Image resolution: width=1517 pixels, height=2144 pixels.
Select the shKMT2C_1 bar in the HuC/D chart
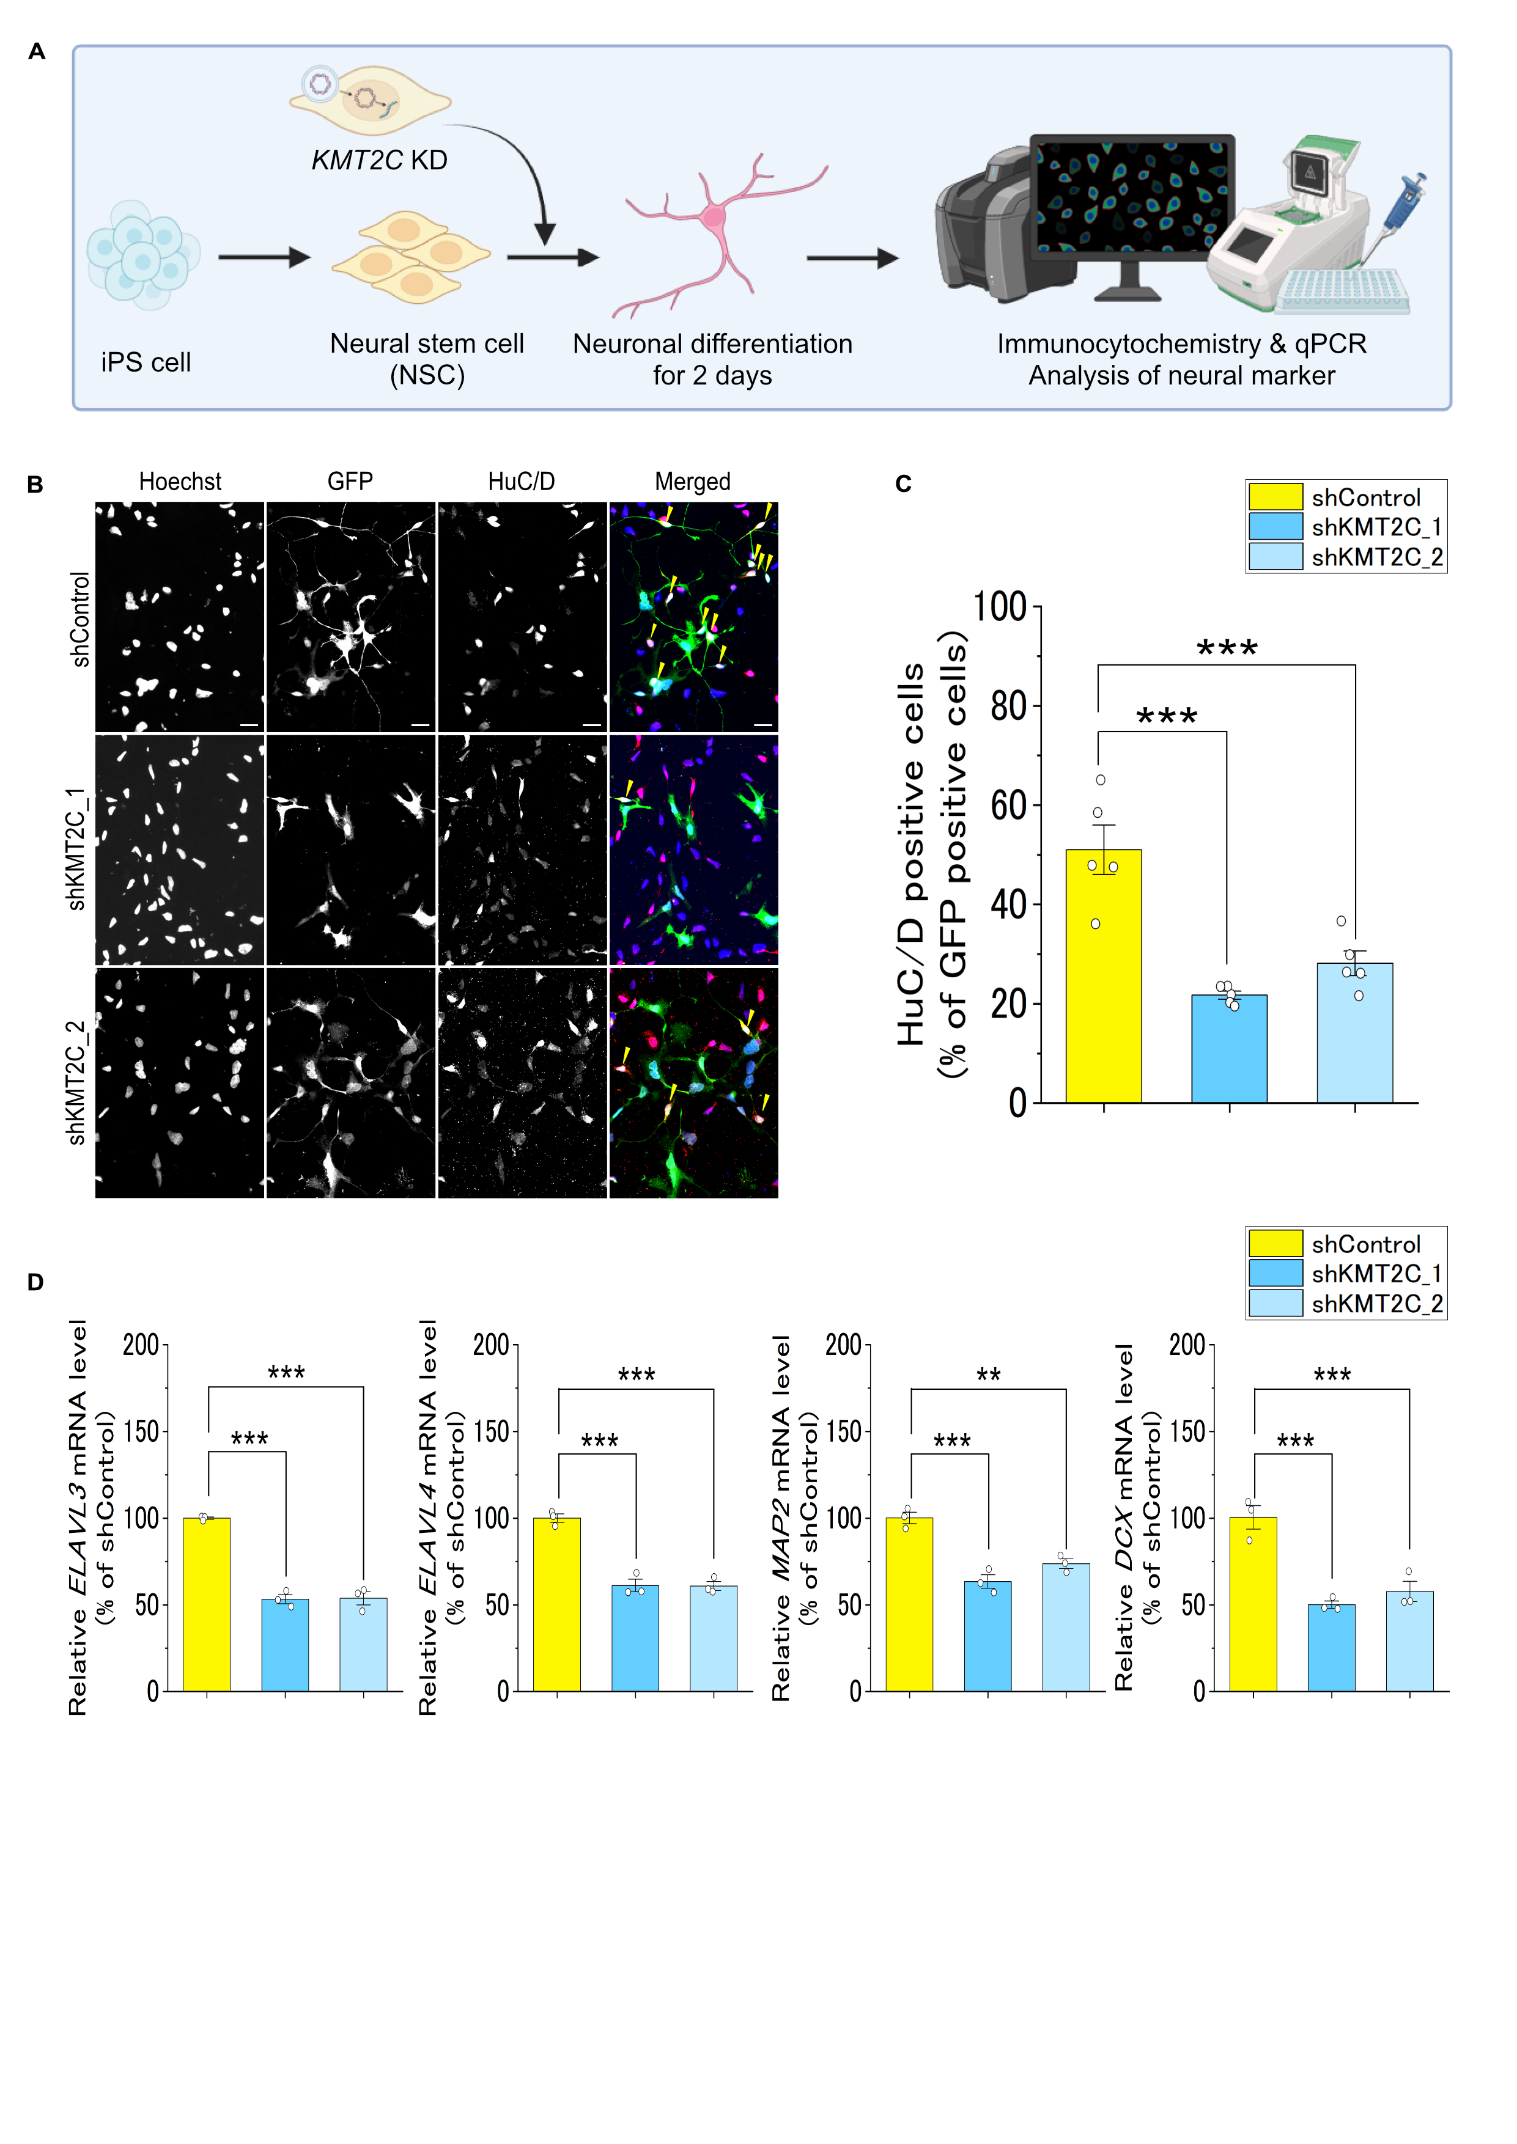[x=1229, y=1049]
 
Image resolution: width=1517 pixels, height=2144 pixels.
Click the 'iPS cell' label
[x=146, y=362]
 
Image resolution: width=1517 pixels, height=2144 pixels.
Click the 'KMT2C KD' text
[x=379, y=161]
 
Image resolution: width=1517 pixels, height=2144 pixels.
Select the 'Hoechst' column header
[x=180, y=482]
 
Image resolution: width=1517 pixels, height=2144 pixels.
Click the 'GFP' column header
[x=350, y=482]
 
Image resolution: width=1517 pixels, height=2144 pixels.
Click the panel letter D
[x=35, y=1282]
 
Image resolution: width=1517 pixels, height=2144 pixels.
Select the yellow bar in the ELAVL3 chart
[x=207, y=1604]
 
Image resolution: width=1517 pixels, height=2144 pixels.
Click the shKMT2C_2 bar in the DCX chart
[x=1409, y=1642]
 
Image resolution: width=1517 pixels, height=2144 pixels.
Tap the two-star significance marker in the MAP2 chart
[x=988, y=1376]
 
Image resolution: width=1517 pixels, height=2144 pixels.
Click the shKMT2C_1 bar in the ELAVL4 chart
[x=635, y=1638]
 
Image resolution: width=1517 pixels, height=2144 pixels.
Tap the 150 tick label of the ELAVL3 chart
[x=141, y=1431]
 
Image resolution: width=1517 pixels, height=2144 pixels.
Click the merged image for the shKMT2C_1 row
[x=694, y=850]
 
